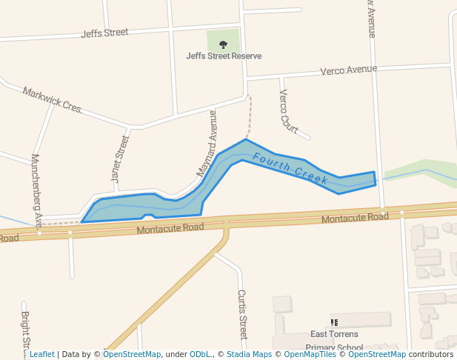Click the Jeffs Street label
coord(104,33)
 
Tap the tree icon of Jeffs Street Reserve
coord(223,44)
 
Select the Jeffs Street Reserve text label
coord(223,56)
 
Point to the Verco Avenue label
coord(348,70)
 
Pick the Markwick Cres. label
coord(52,100)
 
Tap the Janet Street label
coord(120,159)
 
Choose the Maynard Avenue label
coord(207,144)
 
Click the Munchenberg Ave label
coord(36,190)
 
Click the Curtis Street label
coord(242,314)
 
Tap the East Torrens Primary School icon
coord(334,322)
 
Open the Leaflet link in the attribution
coord(41,355)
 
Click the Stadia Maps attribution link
coord(249,355)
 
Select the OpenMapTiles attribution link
coord(310,355)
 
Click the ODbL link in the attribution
coord(201,355)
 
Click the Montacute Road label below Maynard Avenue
coord(170,229)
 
